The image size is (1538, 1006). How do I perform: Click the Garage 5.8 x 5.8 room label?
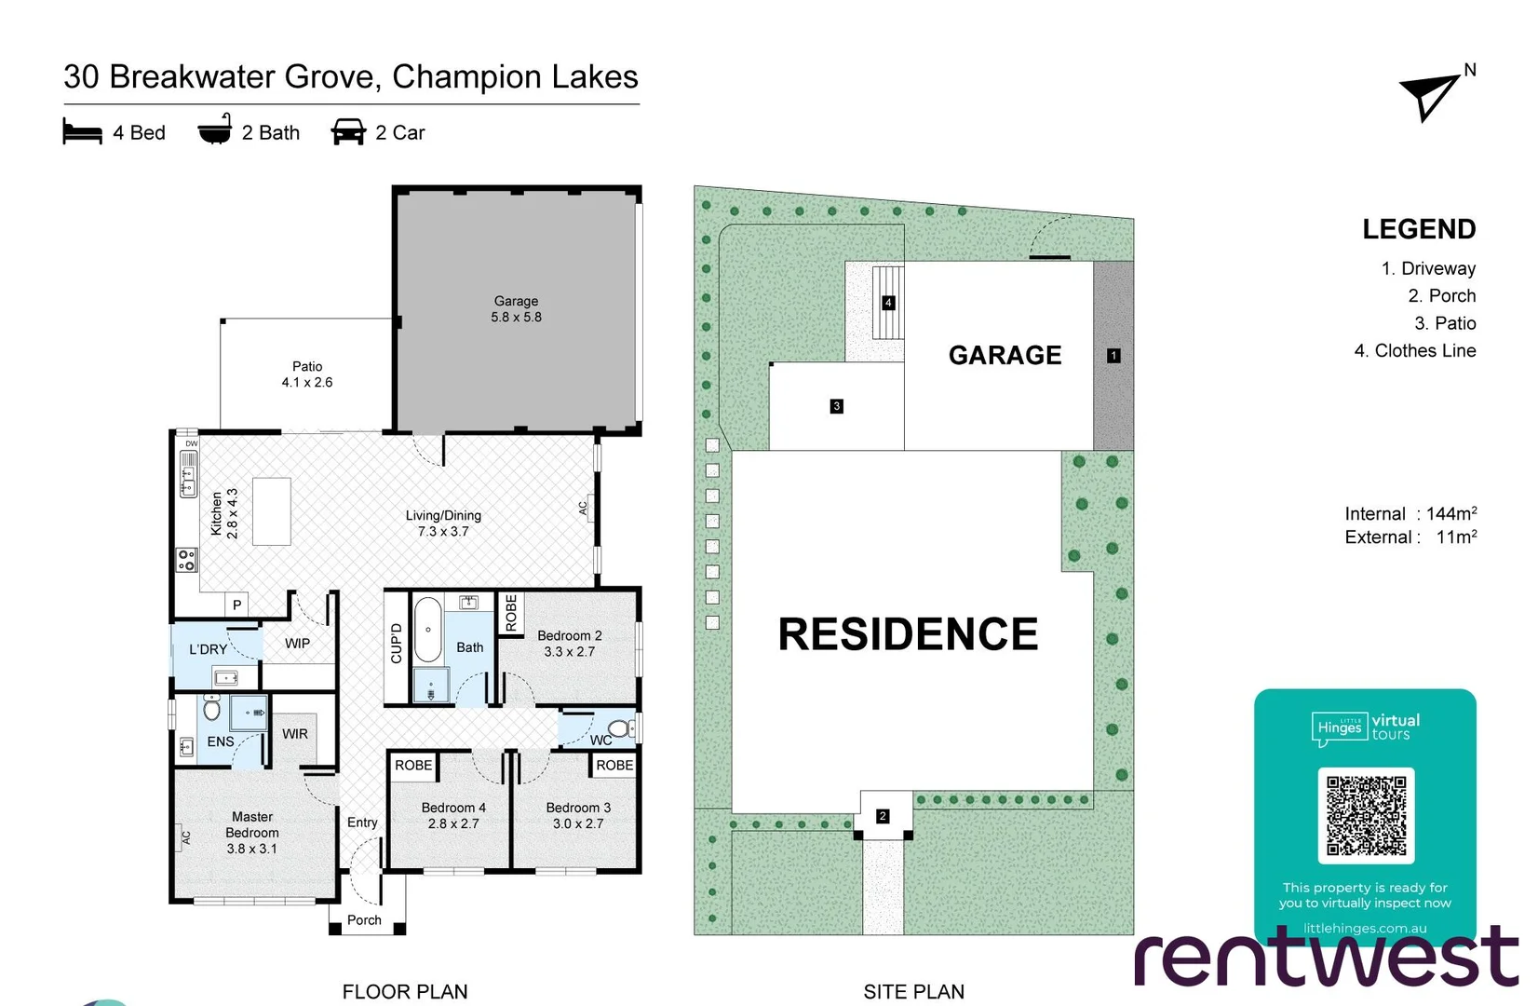point(516,309)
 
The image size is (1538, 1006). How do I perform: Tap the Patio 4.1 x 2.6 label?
point(307,374)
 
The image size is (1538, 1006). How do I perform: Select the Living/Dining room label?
point(443,523)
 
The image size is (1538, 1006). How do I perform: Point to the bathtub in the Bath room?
point(427,630)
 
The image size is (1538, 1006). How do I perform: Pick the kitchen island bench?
point(272,511)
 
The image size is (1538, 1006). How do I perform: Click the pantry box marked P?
point(237,605)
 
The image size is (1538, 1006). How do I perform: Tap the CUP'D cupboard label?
point(397,643)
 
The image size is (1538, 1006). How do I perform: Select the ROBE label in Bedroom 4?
point(413,765)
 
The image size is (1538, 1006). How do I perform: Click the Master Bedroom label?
point(252,833)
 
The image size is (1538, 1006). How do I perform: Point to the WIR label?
point(295,734)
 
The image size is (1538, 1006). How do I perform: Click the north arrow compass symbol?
point(1430,96)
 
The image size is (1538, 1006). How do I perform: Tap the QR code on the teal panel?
point(1366,816)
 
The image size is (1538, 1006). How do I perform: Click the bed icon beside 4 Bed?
point(82,131)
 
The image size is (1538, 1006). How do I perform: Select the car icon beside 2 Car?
point(348,131)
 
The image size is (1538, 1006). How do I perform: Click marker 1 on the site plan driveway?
point(1113,356)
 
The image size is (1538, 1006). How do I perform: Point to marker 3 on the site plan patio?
point(837,406)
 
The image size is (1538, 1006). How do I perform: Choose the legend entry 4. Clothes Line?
point(1414,351)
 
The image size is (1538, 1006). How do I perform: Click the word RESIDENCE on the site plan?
point(908,634)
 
